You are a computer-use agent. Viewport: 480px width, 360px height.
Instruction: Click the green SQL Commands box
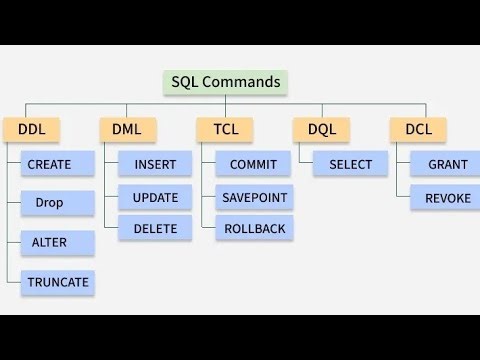[x=225, y=82]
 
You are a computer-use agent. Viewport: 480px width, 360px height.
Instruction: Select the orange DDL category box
[x=31, y=128]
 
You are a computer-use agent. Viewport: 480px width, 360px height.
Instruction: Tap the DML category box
[x=128, y=128]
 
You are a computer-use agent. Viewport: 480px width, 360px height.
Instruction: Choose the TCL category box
[x=225, y=128]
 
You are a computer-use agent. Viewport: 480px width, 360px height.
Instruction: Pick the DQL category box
[x=322, y=128]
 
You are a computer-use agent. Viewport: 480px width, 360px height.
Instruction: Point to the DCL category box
[x=418, y=128]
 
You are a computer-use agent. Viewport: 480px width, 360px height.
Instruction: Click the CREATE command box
[x=57, y=164]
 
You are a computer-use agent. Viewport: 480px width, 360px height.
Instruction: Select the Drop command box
[x=57, y=203]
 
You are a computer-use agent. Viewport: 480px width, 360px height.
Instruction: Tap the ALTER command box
[x=57, y=243]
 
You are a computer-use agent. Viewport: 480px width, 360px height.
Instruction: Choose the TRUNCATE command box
[x=57, y=282]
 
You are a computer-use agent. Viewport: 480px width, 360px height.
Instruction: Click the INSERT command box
[x=155, y=164]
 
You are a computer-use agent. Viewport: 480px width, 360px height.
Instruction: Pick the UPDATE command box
[x=155, y=197]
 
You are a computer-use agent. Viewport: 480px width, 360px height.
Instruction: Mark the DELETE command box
[x=155, y=229]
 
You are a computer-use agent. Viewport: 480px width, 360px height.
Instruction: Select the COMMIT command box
[x=253, y=164]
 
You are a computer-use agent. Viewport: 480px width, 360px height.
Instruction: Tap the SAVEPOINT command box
[x=253, y=197]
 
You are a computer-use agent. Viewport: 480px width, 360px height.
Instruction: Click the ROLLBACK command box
[x=253, y=229]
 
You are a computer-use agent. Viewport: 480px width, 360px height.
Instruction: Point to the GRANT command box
[x=446, y=164]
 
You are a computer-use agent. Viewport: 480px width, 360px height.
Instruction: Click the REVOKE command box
[x=446, y=198]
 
